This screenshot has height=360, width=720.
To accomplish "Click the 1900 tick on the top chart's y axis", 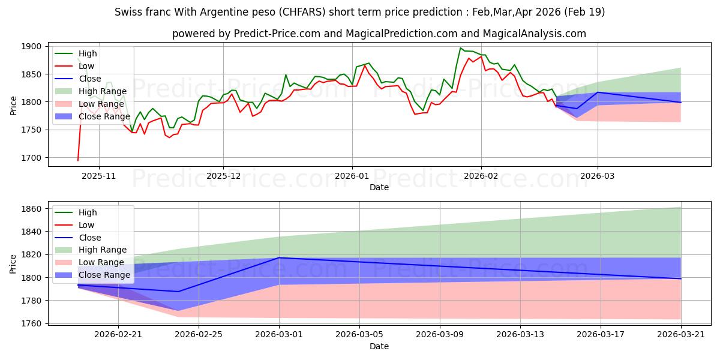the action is tap(31, 46).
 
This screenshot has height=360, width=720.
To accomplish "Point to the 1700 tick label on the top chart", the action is tap(31, 158).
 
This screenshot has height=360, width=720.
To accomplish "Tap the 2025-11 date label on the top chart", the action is tap(98, 176).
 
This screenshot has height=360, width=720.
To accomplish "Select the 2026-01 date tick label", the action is tap(352, 176).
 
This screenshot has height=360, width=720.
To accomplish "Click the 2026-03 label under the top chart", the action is tap(597, 176).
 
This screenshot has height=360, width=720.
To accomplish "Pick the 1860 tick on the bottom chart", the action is tap(31, 209).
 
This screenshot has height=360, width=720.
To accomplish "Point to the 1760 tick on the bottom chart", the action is tap(31, 323).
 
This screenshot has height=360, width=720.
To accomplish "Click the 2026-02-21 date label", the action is tap(118, 335).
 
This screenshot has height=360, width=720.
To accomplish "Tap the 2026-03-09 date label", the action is tap(440, 335).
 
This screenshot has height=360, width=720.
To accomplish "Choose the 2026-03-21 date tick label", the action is tap(681, 335).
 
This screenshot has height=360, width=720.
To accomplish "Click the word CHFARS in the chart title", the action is tap(302, 12).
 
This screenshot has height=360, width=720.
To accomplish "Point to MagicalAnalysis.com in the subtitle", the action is tap(535, 34).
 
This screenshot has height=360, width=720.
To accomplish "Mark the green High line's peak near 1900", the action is tap(460, 48).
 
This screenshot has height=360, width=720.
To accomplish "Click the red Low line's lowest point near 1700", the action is tap(78, 160).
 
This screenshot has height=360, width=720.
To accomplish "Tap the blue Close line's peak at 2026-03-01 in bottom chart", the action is tap(279, 257).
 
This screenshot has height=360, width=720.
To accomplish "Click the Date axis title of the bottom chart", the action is tap(379, 346).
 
